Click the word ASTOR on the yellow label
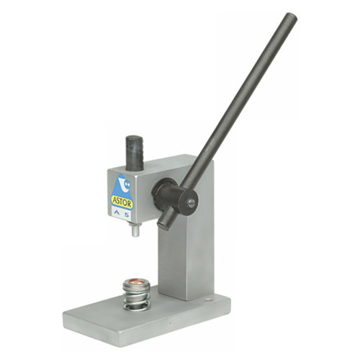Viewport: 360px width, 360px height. [x=122, y=202]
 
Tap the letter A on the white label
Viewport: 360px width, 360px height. [x=117, y=213]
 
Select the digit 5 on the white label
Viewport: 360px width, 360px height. [x=126, y=215]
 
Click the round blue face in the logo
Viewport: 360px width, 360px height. [x=127, y=185]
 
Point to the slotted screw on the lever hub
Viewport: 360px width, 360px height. [x=192, y=204]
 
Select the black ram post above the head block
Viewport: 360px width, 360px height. [x=135, y=153]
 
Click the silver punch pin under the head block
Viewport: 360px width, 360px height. [x=135, y=232]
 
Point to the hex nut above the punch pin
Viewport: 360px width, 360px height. [x=135, y=225]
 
